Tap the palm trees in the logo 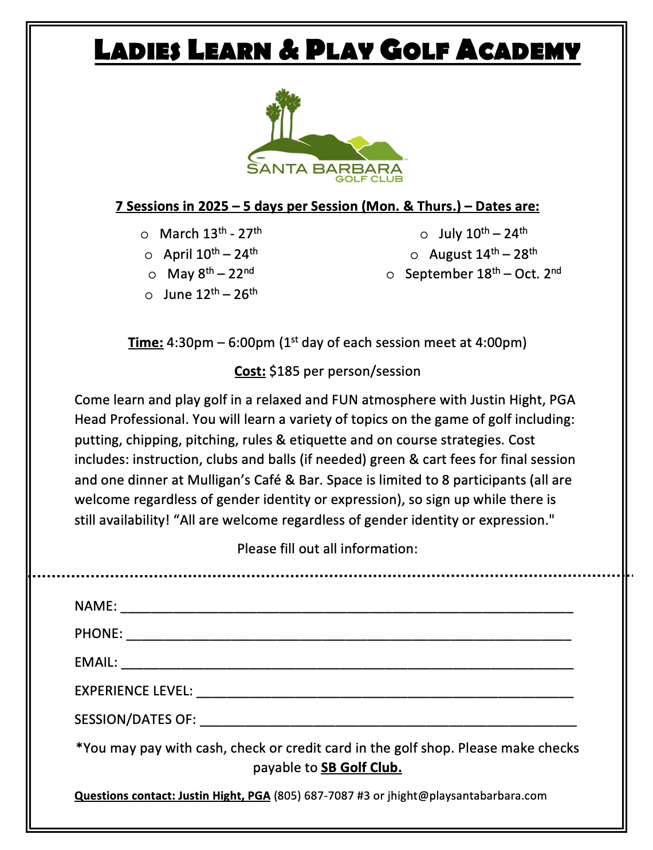[284, 112]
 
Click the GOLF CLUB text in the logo [369, 179]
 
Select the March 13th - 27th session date [210, 233]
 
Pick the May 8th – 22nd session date [210, 273]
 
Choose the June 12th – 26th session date [210, 294]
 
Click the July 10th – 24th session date [482, 233]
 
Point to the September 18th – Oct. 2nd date [482, 273]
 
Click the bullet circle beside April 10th [149, 255]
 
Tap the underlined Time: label [145, 343]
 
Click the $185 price [284, 371]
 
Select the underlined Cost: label [250, 371]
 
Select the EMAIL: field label [96, 662]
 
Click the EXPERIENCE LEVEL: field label [133, 691]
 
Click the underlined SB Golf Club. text [361, 768]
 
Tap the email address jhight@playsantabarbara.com [467, 796]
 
